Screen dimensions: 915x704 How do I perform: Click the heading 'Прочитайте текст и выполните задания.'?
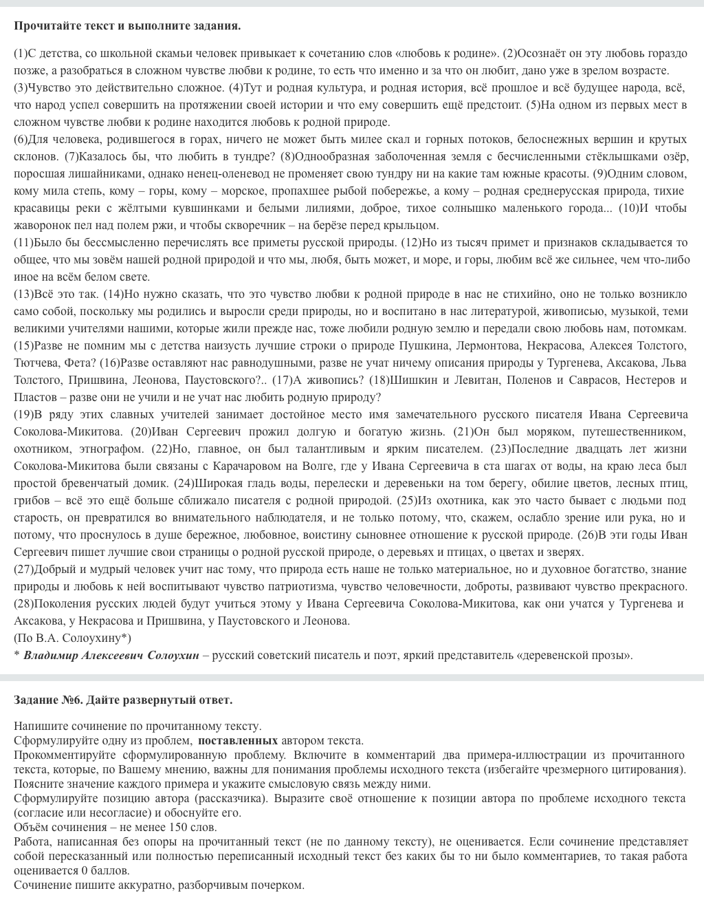pyautogui.click(x=127, y=26)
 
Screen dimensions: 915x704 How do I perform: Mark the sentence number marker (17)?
pyautogui.click(x=283, y=380)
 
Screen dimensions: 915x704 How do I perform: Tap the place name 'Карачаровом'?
pyautogui.click(x=221, y=466)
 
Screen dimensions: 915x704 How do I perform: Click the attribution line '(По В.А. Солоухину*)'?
pyautogui.click(x=72, y=638)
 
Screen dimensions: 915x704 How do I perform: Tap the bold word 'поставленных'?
pyautogui.click(x=238, y=741)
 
